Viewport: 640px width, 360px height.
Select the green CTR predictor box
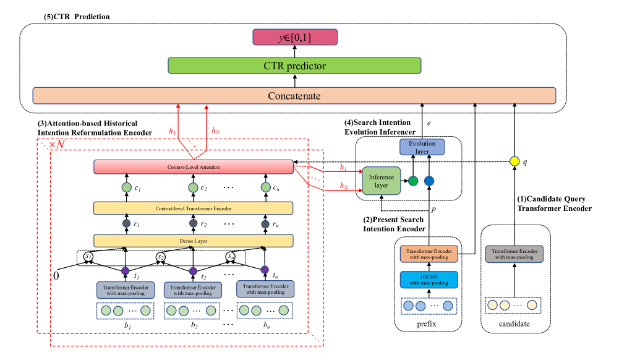[295, 65]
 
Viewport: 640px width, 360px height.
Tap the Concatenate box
[294, 96]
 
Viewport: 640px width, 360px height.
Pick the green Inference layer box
[382, 181]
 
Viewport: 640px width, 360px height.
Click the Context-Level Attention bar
[193, 167]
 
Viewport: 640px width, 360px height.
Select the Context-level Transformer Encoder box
[193, 208]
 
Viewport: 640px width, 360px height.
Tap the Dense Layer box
[193, 240]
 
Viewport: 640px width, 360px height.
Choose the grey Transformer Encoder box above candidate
[514, 254]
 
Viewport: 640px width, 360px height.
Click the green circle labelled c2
[193, 187]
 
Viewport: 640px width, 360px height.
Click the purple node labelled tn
[265, 270]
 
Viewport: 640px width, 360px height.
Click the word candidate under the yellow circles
[514, 324]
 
